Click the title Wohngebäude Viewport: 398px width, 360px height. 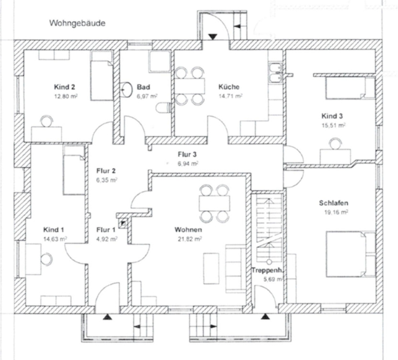coord(77,23)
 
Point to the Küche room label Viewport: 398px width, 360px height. coord(229,87)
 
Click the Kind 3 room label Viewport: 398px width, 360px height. coord(332,116)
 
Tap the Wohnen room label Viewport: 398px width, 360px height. coord(187,229)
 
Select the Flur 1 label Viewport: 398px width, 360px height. coord(106,229)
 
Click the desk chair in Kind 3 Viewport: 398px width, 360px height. coord(334,143)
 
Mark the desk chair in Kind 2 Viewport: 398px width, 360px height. coord(46,120)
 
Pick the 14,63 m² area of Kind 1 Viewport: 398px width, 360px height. coord(54,238)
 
